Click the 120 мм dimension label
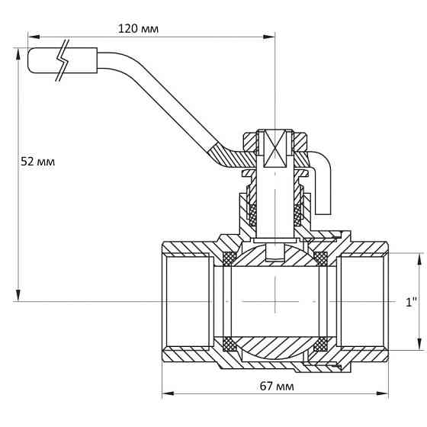point(138,29)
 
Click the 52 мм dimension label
point(38,162)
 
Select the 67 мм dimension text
point(277,386)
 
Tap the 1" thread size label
point(412,302)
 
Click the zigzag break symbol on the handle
point(63,60)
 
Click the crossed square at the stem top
point(275,149)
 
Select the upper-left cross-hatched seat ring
point(230,258)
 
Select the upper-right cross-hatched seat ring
point(320,258)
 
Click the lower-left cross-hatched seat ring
point(230,344)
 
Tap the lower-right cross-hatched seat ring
point(320,344)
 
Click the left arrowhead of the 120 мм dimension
point(34,37)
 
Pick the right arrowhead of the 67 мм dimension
point(383,393)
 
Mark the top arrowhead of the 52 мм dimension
point(18,54)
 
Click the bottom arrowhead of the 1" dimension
point(419,344)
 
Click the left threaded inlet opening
point(188,302)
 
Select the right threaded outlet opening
point(362,302)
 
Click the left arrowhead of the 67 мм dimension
point(168,393)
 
